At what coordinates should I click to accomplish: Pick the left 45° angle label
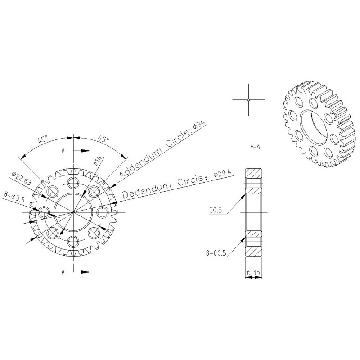pyautogui.click(x=43, y=140)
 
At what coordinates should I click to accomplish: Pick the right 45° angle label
pyautogui.click(x=103, y=140)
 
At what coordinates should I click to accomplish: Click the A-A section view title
pyautogui.click(x=255, y=147)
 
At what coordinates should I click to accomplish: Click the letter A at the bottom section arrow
pyautogui.click(x=63, y=271)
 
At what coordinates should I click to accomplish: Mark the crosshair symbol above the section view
pyautogui.click(x=248, y=99)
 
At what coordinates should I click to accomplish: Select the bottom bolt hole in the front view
pyautogui.click(x=73, y=241)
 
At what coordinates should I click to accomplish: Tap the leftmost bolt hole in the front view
pyautogui.click(x=44, y=212)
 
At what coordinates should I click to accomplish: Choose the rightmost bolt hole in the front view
pyautogui.click(x=102, y=212)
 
